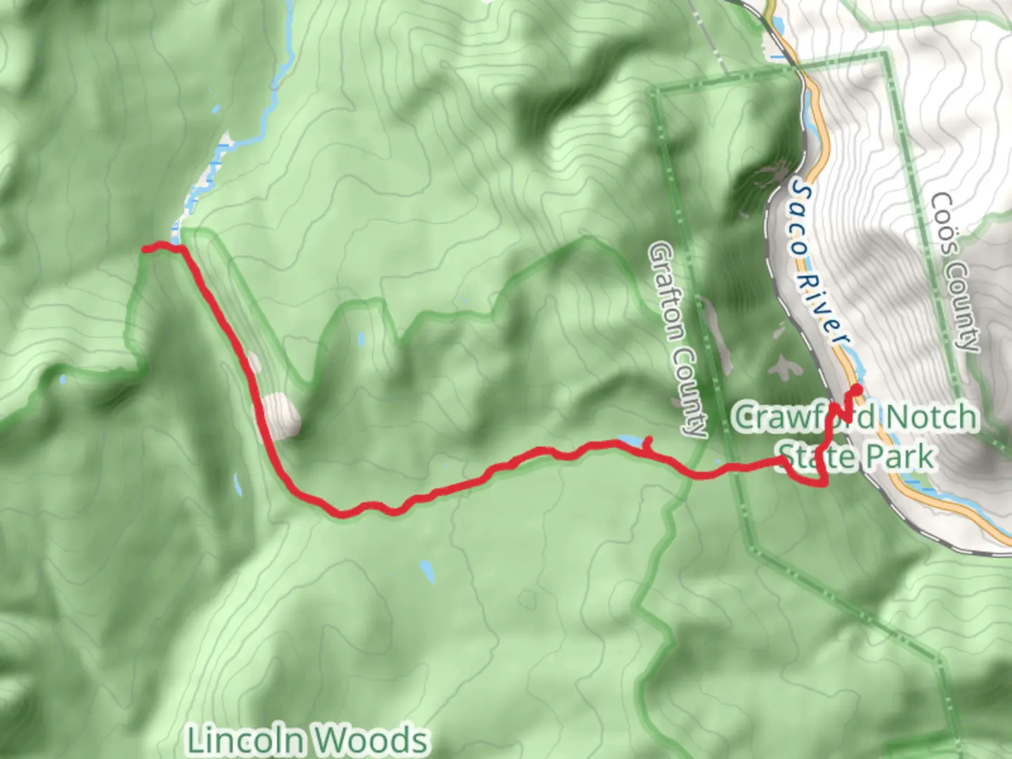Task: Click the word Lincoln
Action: pos(246,739)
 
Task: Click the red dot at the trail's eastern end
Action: pos(856,389)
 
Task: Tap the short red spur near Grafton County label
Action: pos(647,443)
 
